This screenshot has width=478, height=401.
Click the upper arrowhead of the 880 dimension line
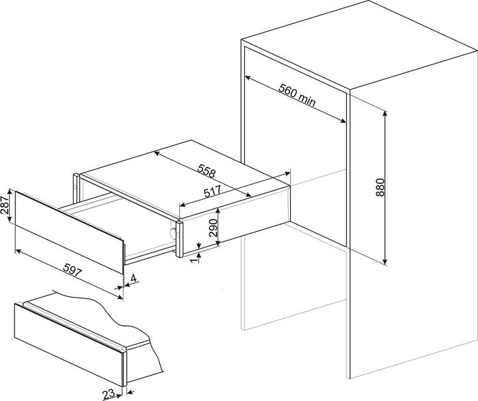[385, 114]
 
